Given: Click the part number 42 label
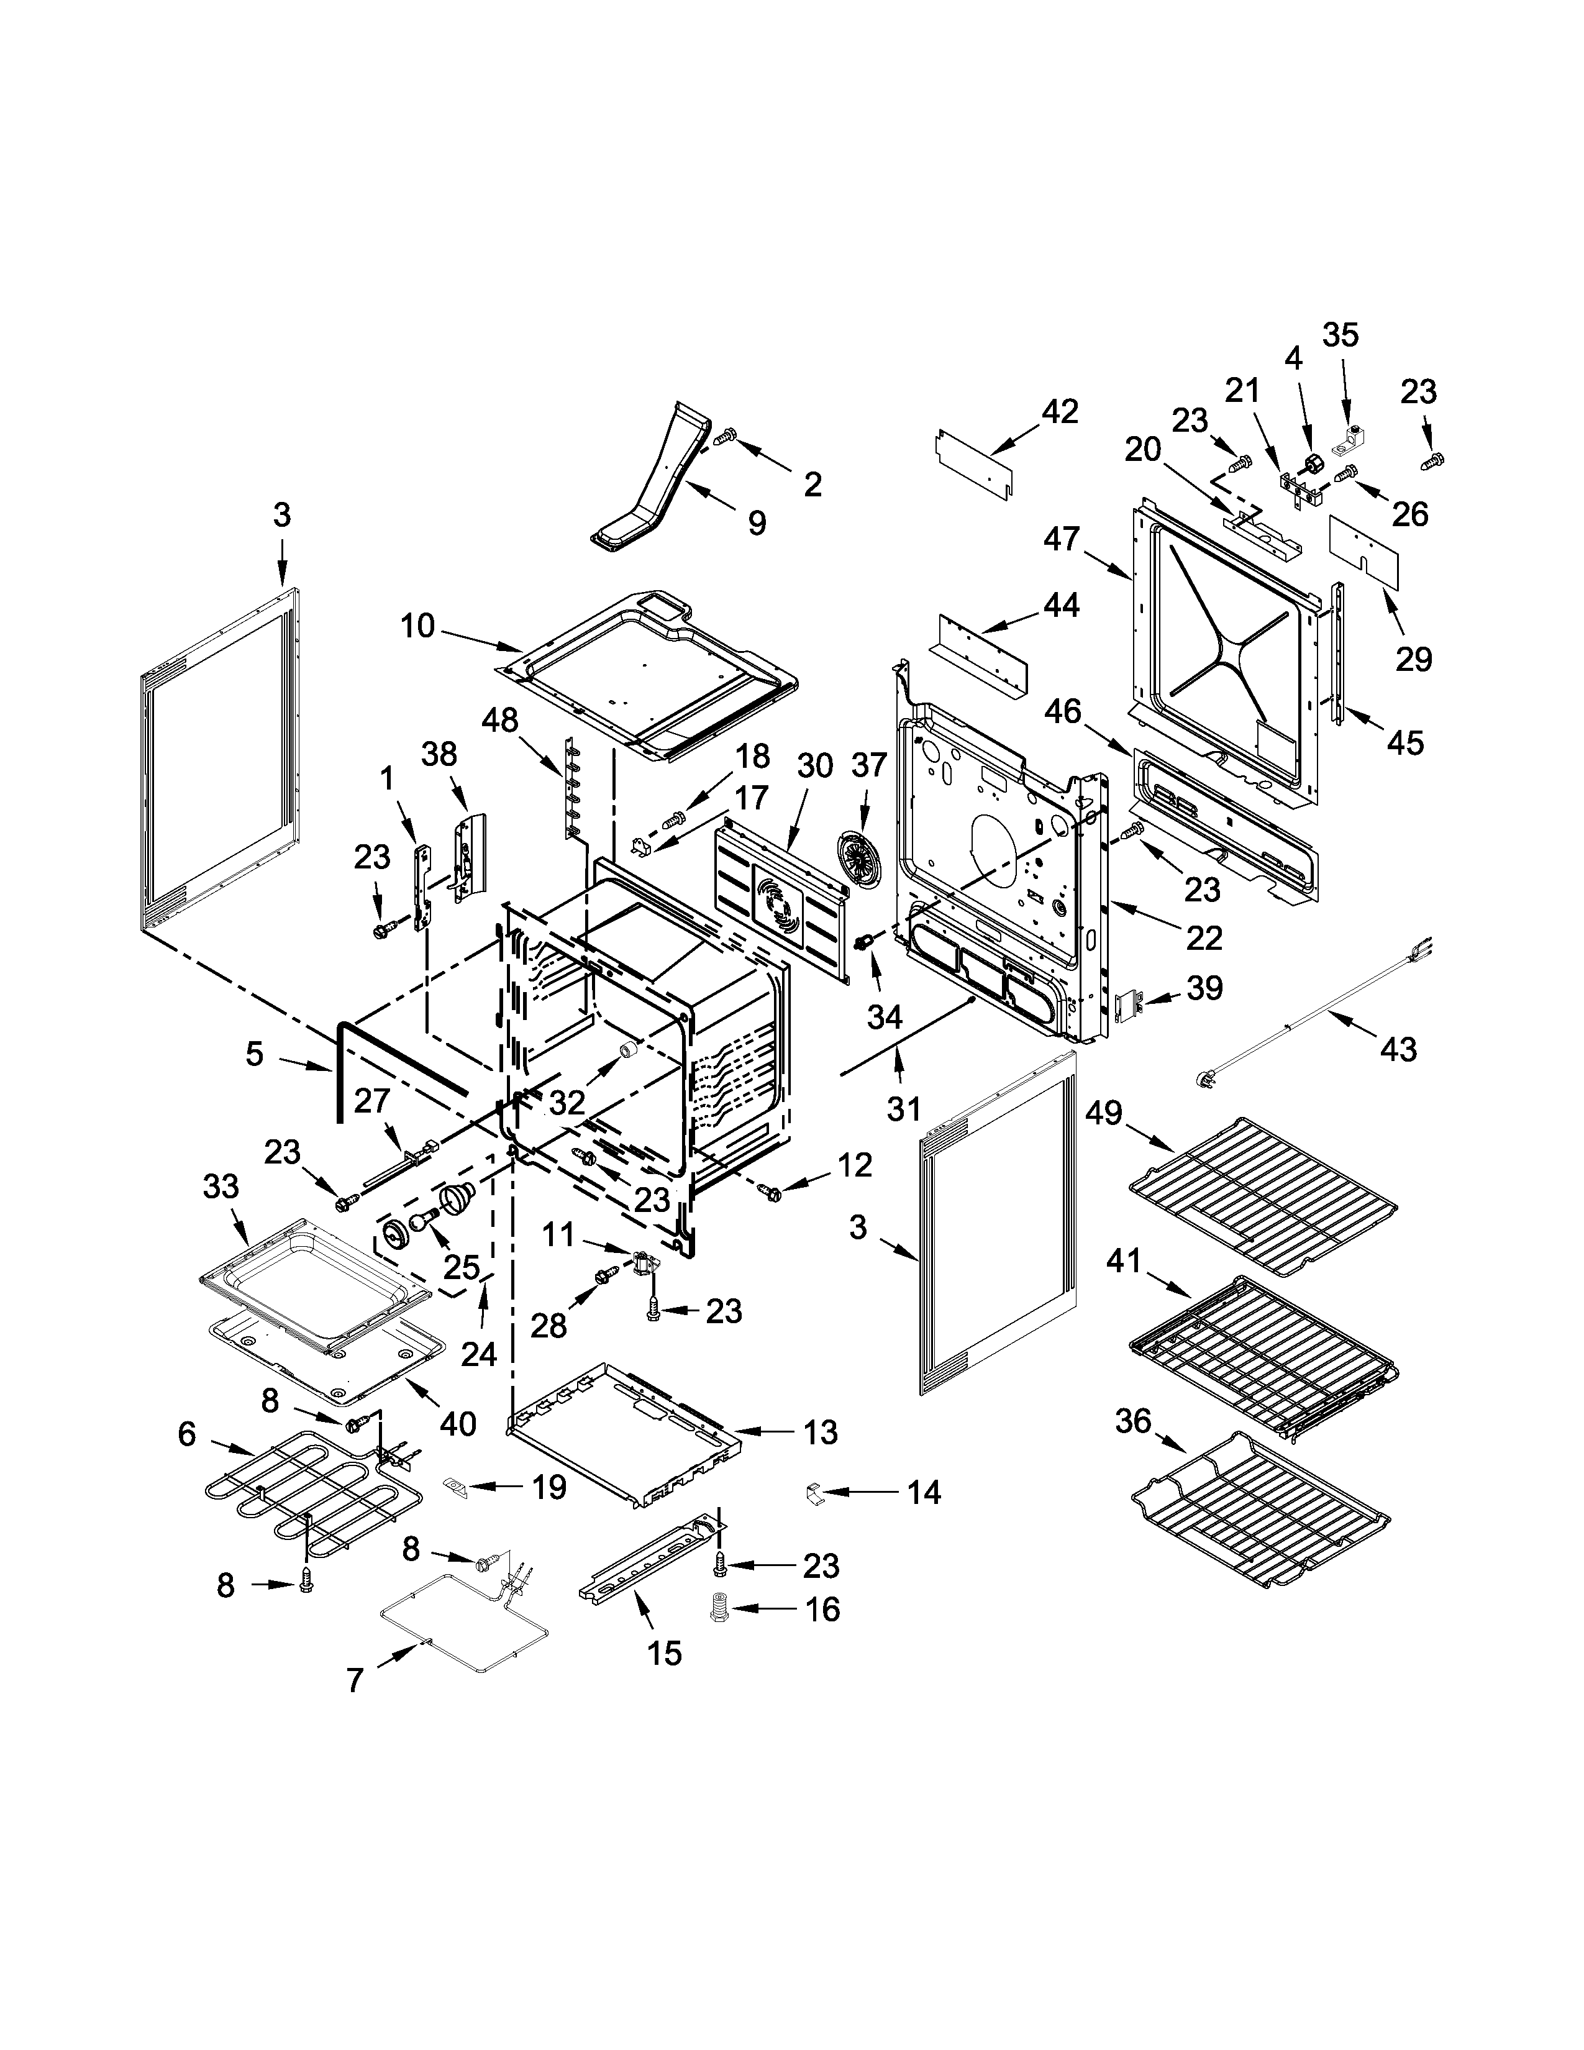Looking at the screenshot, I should point(1060,411).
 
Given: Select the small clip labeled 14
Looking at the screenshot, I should point(814,1492).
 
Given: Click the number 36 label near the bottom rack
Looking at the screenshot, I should point(1132,1421).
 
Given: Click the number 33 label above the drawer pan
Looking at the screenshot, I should point(222,1187).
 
